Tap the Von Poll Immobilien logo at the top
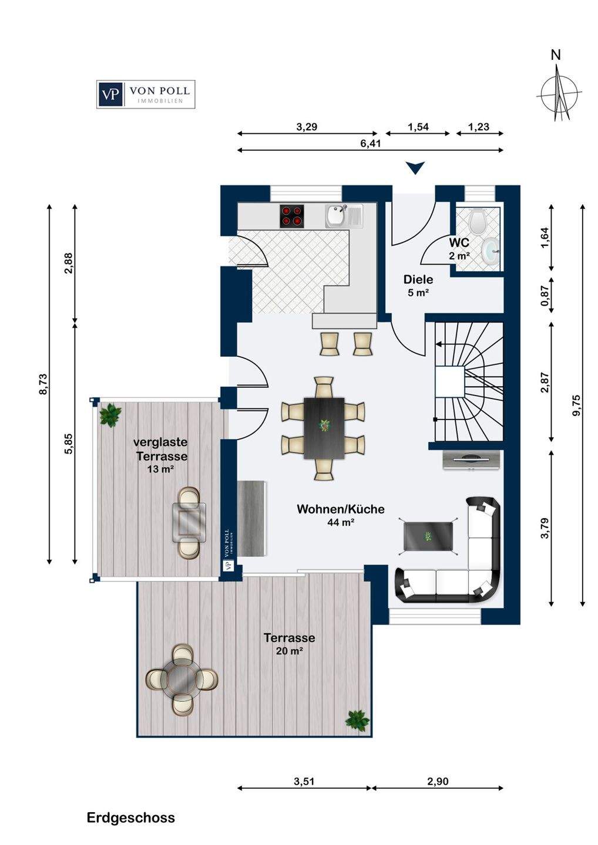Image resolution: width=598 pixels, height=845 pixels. (146, 94)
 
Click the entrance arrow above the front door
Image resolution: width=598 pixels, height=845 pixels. (415, 168)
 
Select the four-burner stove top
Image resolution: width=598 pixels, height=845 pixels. (292, 216)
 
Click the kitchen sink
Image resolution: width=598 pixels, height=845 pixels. (344, 216)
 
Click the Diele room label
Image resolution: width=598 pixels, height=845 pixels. (418, 279)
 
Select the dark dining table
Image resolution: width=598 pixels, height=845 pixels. (324, 428)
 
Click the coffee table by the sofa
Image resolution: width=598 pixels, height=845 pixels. (428, 536)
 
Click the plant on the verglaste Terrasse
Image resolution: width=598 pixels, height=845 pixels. (110, 415)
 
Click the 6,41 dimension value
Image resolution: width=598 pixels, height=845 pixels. (370, 143)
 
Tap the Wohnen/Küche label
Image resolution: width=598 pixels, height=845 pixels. (341, 509)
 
